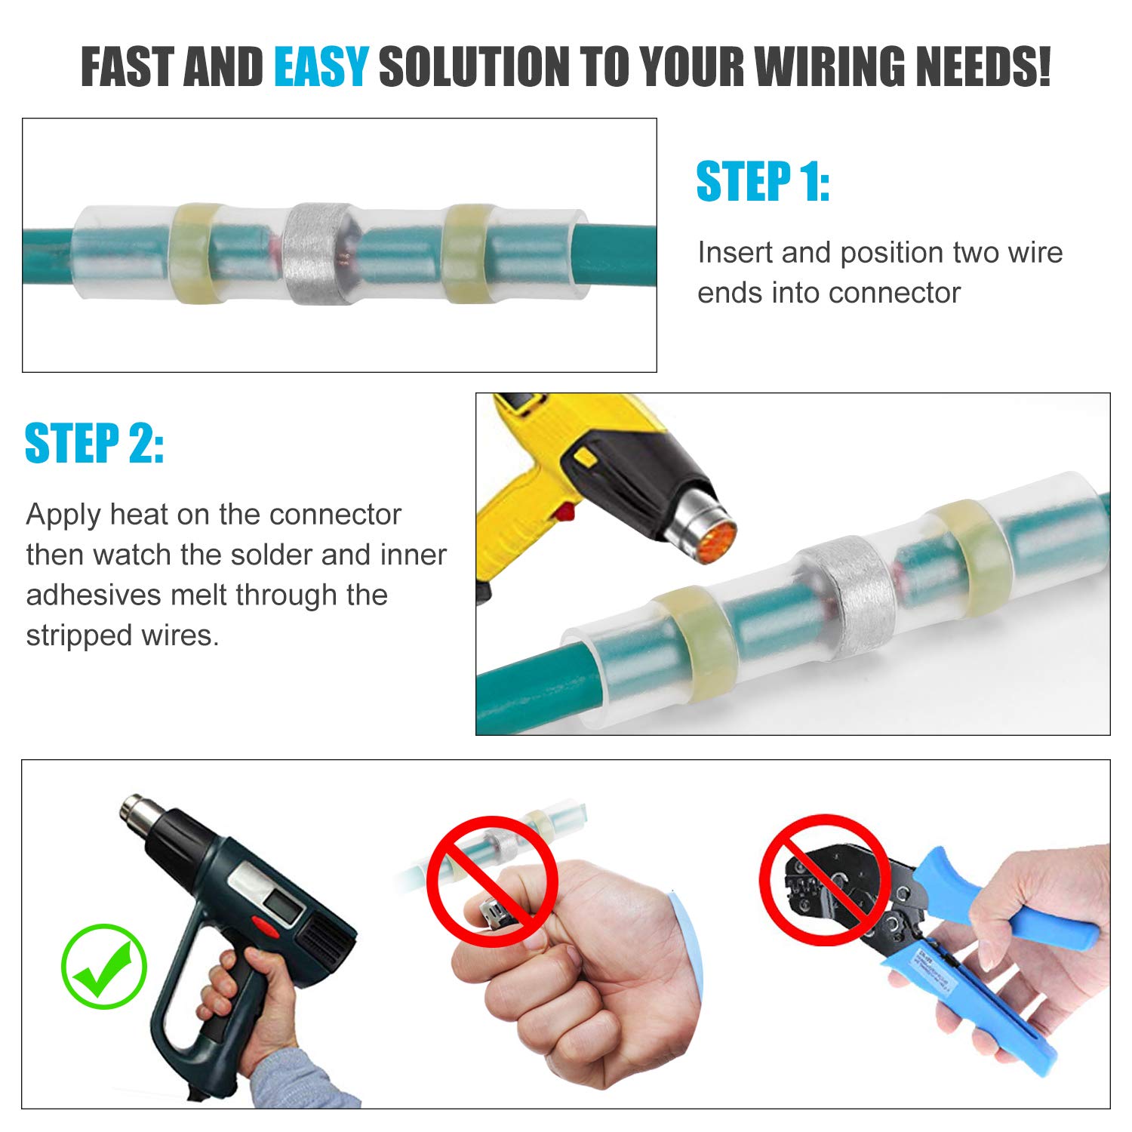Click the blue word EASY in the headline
321,66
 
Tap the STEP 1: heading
762,183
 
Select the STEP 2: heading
94,444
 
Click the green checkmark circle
104,967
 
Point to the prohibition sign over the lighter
492,881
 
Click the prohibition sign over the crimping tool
825,879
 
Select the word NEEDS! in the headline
983,66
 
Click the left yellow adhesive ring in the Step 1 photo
196,253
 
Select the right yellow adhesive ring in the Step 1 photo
466,253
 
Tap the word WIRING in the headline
832,66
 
